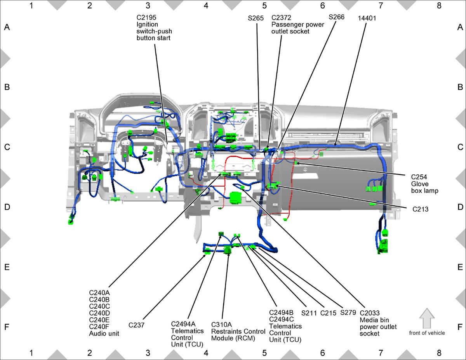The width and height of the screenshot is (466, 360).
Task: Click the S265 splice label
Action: point(256,18)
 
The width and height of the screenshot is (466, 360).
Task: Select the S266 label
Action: point(336,17)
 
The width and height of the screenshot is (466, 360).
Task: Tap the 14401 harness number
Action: point(367,18)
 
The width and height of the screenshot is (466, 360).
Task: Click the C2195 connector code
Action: point(146,17)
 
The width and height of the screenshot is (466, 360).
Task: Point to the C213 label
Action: point(420,209)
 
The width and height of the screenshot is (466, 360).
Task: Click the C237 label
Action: point(136,325)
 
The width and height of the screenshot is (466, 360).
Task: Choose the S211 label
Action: point(309,313)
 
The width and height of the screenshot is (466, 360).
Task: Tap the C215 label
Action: point(328,313)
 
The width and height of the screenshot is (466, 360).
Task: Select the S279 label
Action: point(348,313)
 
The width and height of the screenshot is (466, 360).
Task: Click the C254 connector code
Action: point(419,177)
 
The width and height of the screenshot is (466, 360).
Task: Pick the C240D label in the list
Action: point(99,313)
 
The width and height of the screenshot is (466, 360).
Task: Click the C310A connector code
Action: point(221,325)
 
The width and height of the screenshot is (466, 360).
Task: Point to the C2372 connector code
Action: point(282,17)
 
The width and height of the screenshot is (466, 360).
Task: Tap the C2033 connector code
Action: point(370,313)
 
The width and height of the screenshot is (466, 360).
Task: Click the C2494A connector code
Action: point(183,324)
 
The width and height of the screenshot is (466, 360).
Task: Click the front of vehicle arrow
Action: point(427,318)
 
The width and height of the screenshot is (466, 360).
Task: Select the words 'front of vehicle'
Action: point(427,333)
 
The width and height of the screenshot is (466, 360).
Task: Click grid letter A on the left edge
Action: point(7,27)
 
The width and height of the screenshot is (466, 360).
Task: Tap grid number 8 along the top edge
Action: point(439,6)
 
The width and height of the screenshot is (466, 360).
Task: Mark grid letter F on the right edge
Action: point(460,327)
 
